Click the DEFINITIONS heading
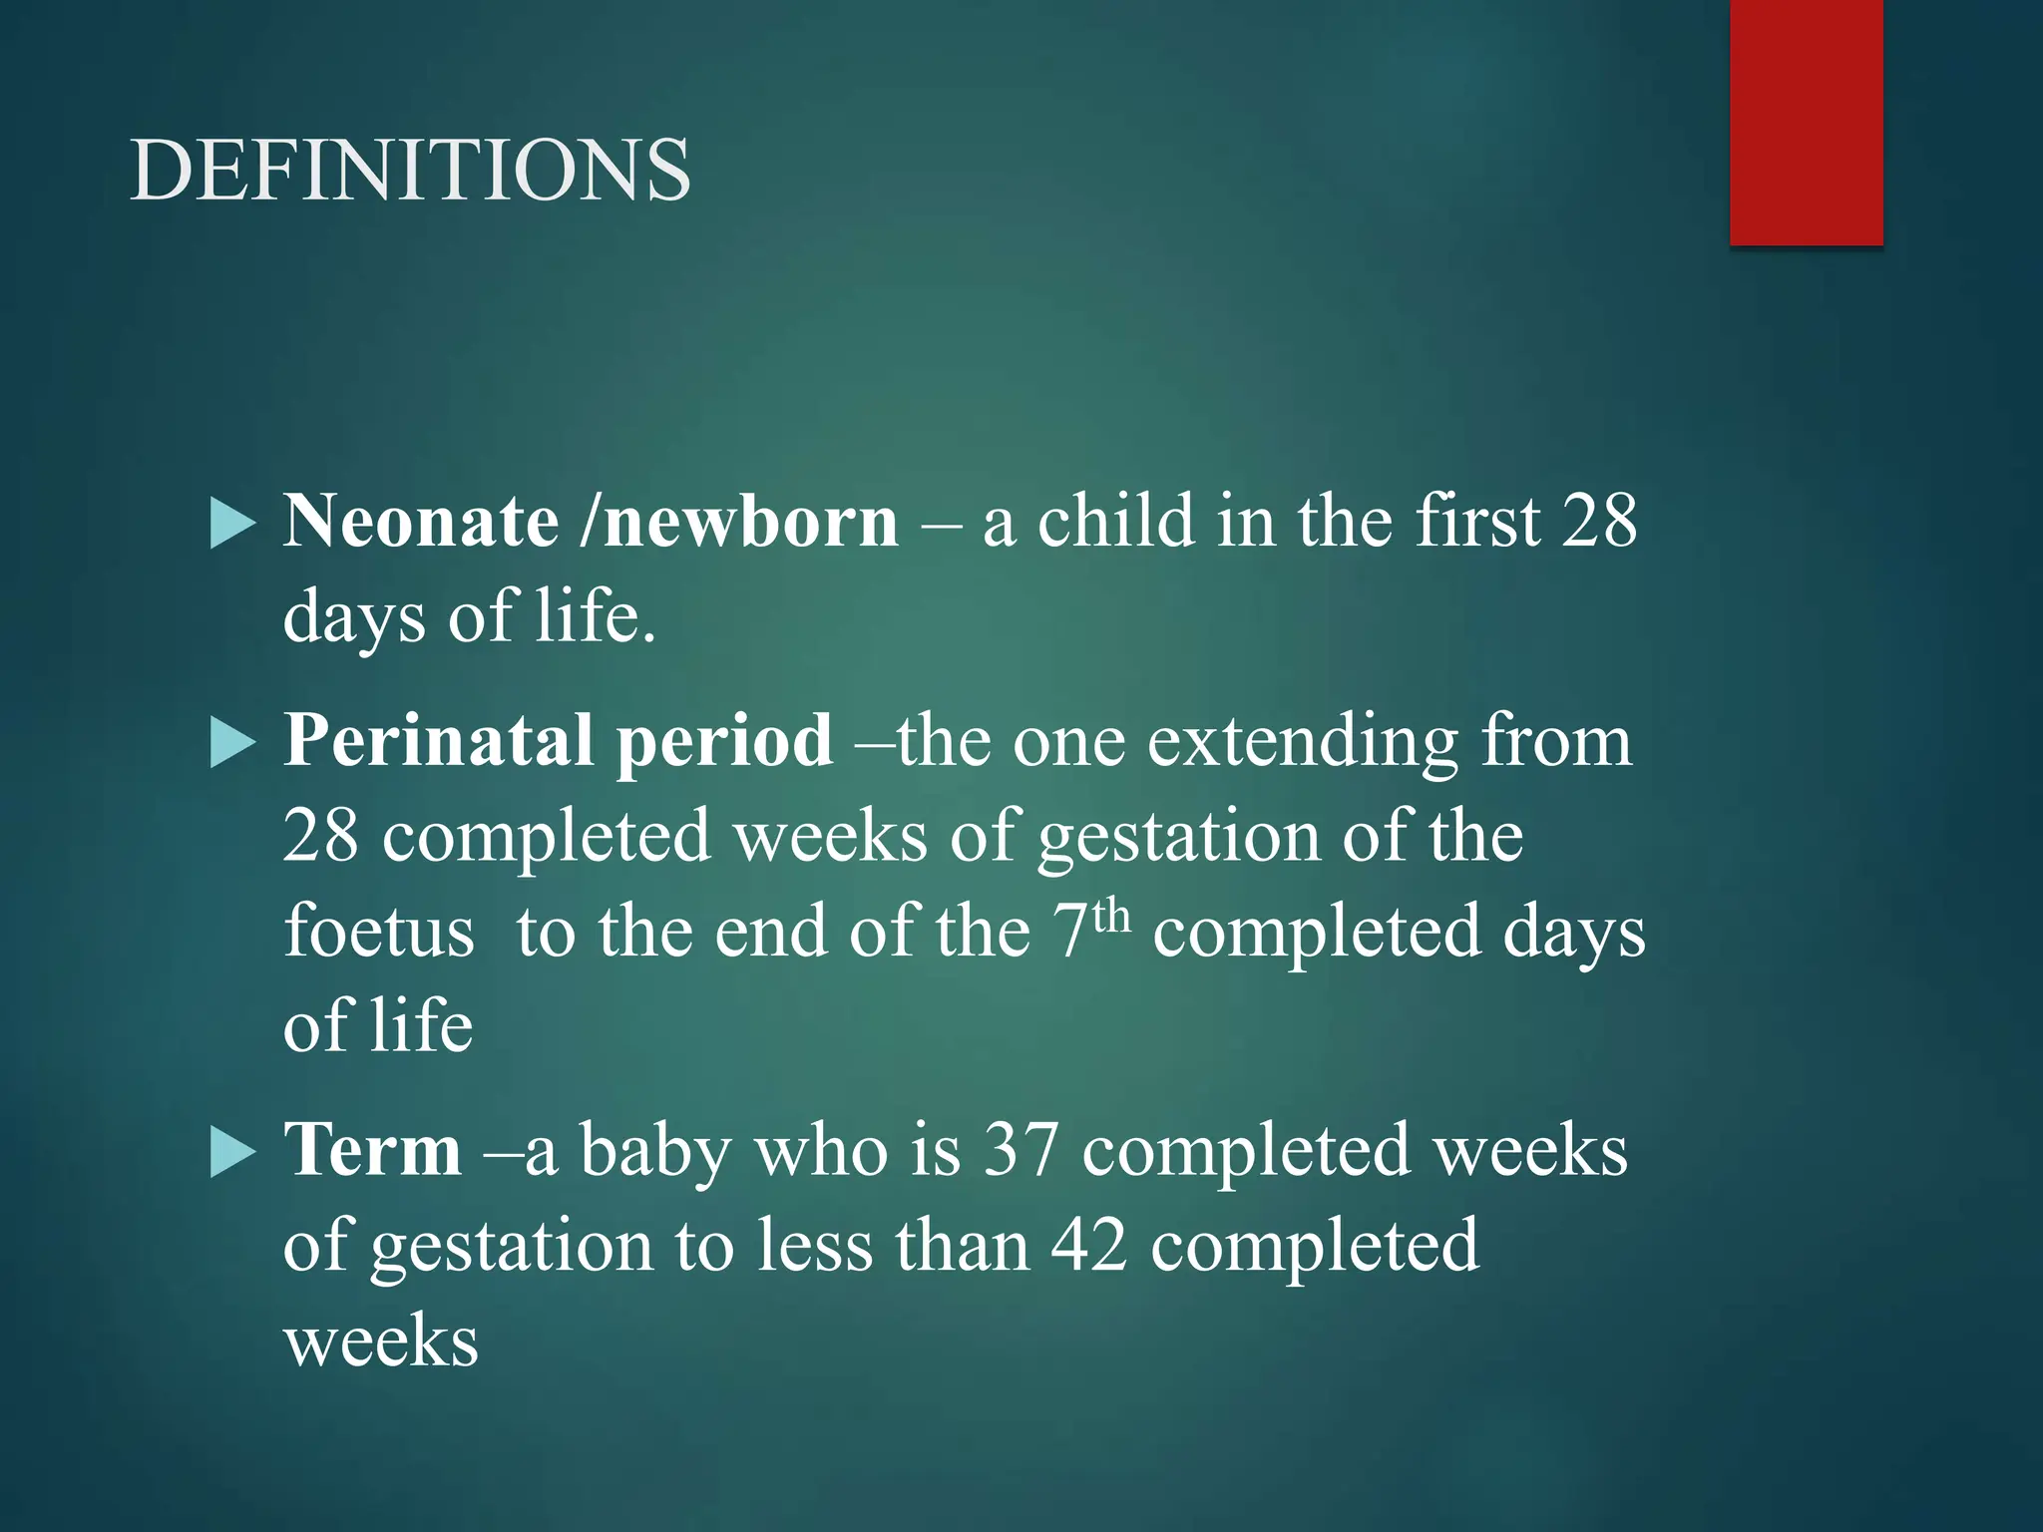pos(410,170)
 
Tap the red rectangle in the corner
pos(1806,122)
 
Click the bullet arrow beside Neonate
pos(233,525)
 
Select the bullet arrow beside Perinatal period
pos(233,744)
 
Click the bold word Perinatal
pos(440,740)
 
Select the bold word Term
pos(372,1149)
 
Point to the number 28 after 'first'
pos(1599,521)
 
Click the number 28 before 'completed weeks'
pos(320,836)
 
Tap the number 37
pos(1020,1149)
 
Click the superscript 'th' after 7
pos(1111,916)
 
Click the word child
pos(1115,521)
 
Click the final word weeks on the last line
pos(381,1340)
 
